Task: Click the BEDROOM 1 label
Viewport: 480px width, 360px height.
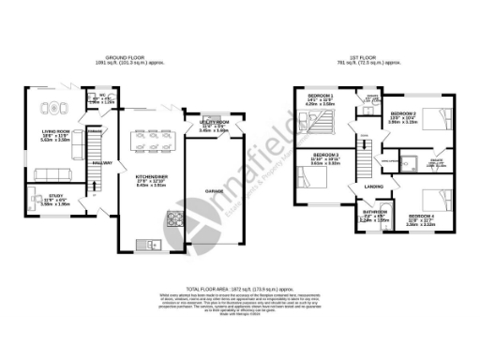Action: click(x=318, y=97)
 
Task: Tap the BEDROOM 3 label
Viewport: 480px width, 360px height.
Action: click(x=324, y=154)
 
